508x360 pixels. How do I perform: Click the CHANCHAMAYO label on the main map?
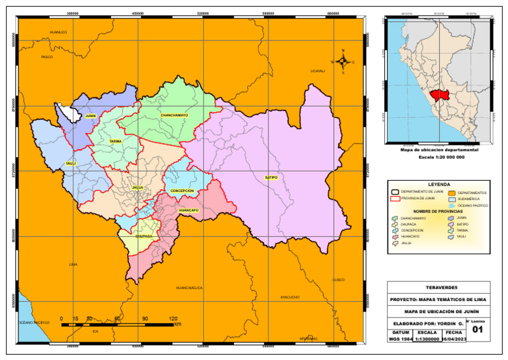point(174,115)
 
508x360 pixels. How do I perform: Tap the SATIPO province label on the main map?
point(271,177)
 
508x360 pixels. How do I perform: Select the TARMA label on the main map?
point(115,141)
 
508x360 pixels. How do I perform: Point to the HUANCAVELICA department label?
point(189,288)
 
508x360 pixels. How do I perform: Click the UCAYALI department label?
point(317,71)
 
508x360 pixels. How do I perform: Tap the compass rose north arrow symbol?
point(343,62)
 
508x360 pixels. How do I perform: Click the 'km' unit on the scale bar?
point(177,325)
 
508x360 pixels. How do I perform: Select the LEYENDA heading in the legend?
point(439,185)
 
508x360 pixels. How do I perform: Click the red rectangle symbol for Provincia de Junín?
point(395,198)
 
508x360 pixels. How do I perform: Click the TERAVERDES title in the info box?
point(439,287)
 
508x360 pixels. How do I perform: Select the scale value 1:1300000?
point(427,339)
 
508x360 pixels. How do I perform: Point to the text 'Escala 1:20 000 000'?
point(439,157)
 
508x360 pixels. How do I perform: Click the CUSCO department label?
point(338,279)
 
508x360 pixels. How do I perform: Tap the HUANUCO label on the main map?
point(58,32)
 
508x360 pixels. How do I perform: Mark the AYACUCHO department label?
point(290,297)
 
